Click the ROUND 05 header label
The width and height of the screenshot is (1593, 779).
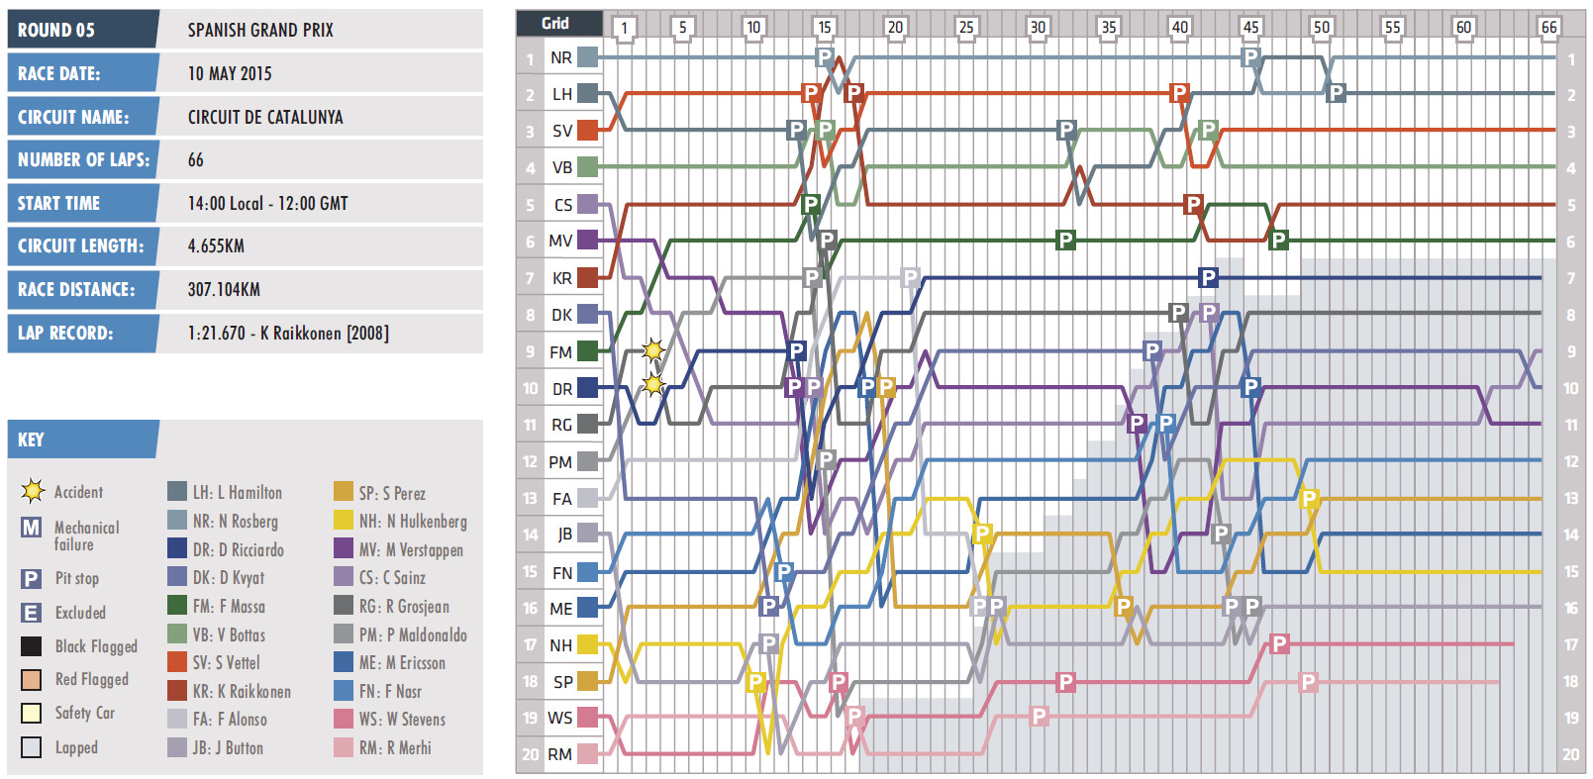56,30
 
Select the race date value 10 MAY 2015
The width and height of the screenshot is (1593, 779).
230,73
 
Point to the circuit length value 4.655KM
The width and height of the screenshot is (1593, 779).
216,246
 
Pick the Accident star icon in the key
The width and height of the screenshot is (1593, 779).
33,491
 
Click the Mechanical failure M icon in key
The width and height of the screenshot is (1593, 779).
32,528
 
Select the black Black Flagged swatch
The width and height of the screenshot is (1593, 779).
32,646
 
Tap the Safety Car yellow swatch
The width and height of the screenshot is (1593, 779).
32,713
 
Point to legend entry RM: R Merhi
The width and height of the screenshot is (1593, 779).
394,748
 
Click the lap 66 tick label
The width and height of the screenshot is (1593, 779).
1548,27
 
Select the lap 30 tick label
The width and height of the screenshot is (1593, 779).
1037,27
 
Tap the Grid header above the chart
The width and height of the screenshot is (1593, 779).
555,23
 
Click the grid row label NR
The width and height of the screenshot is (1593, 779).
561,57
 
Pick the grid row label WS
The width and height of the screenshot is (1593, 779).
560,718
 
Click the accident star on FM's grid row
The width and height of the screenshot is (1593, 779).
653,349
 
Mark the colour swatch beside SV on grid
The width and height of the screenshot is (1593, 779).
588,130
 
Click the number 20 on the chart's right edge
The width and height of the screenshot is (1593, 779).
1571,754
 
